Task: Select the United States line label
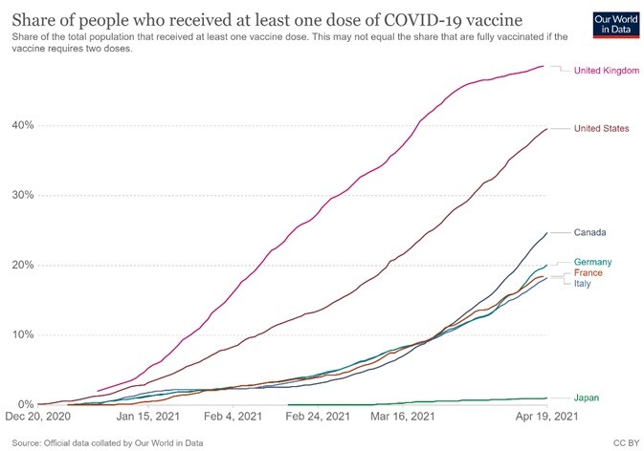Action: (601, 128)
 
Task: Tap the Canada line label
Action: (590, 232)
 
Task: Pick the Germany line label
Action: (593, 262)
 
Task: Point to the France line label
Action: (588, 273)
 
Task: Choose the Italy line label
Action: (584, 284)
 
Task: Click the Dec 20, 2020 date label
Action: (39, 418)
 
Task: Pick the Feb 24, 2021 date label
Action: (318, 418)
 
